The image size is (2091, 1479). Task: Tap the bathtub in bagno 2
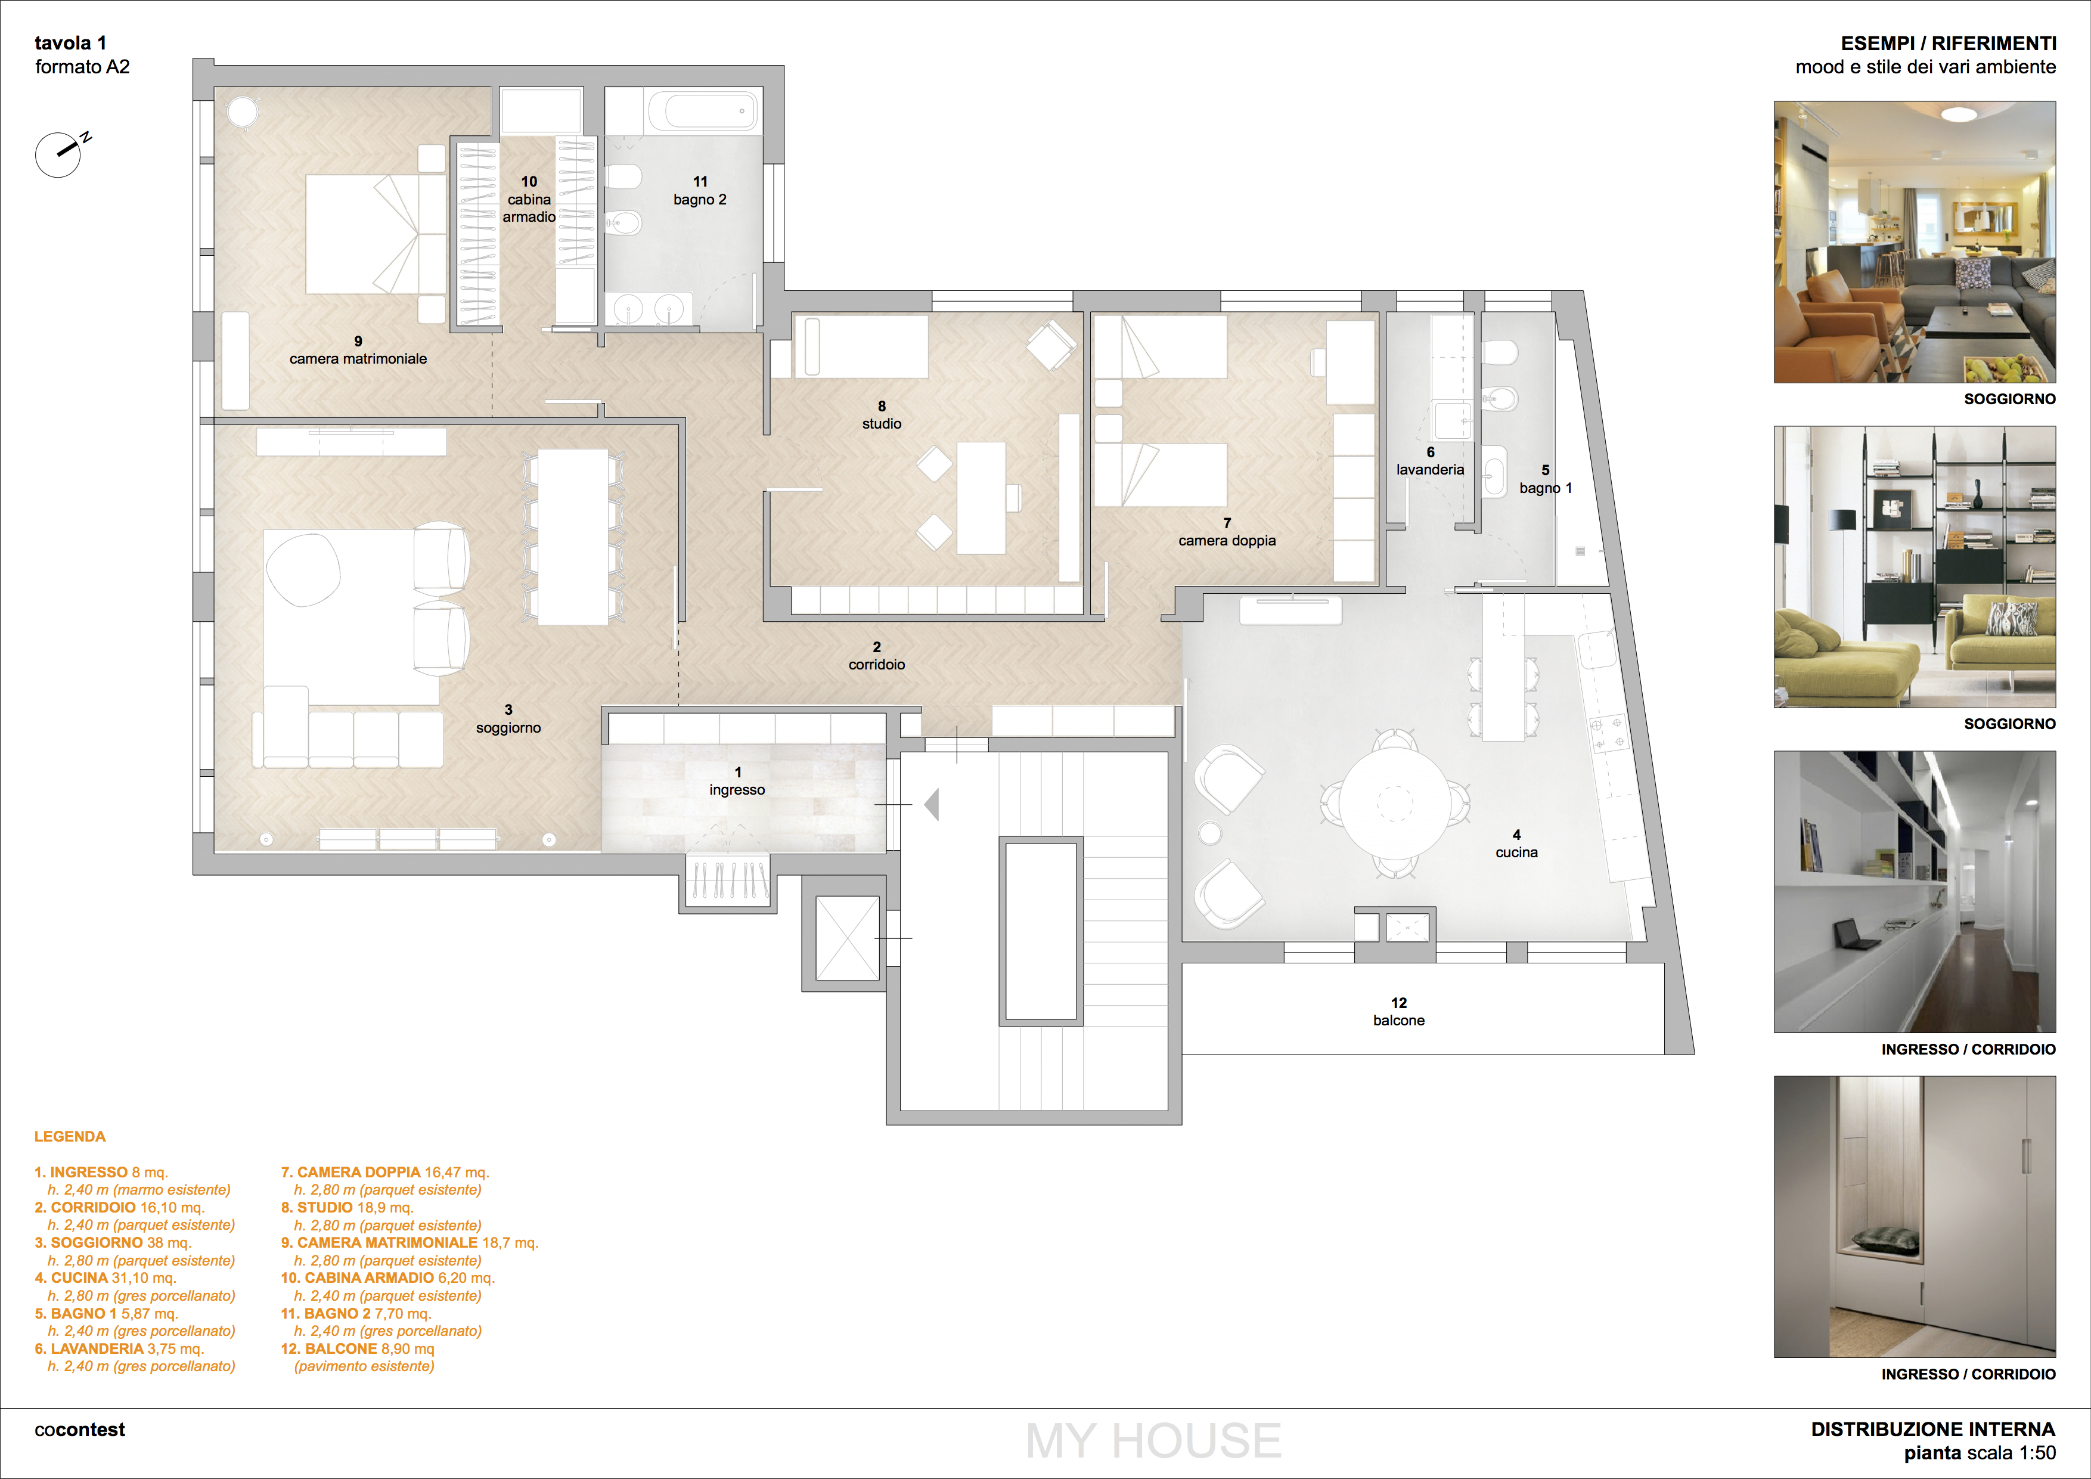pyautogui.click(x=704, y=111)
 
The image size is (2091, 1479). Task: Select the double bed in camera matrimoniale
pyautogui.click(x=362, y=234)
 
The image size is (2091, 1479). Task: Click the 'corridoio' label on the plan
pyautogui.click(x=877, y=665)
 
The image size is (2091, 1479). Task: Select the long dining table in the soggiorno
pyautogui.click(x=573, y=537)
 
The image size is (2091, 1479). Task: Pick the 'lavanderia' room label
pyautogui.click(x=1430, y=470)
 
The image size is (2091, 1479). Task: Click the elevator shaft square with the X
pyautogui.click(x=847, y=938)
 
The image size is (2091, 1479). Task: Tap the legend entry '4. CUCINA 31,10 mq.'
pyautogui.click(x=106, y=1278)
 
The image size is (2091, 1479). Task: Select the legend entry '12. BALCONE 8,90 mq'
pyautogui.click(x=357, y=1349)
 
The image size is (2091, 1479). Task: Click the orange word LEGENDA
pyautogui.click(x=70, y=1137)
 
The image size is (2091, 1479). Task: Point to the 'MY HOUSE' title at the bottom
pyautogui.click(x=1153, y=1441)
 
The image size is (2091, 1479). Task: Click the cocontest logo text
pyautogui.click(x=79, y=1430)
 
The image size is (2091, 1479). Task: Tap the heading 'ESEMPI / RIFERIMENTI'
pyautogui.click(x=1948, y=43)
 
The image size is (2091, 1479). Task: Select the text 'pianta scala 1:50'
pyautogui.click(x=1980, y=1453)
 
